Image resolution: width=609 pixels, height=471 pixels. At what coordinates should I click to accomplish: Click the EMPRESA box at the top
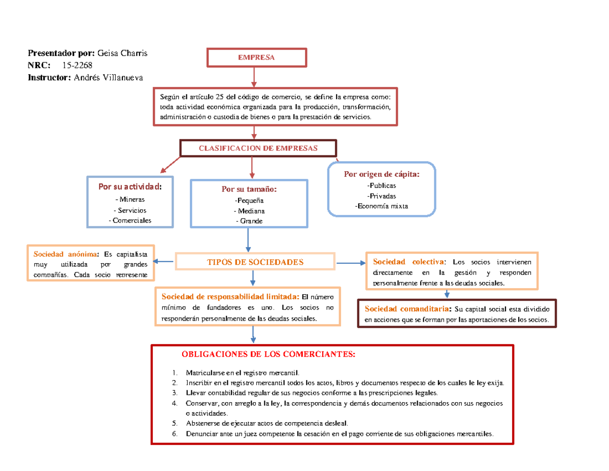[x=256, y=58]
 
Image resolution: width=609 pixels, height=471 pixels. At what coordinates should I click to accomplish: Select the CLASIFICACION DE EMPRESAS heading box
[x=258, y=148]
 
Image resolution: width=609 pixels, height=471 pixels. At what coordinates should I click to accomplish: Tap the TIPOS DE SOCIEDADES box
[x=255, y=262]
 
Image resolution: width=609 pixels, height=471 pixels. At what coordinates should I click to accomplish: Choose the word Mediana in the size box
[x=249, y=211]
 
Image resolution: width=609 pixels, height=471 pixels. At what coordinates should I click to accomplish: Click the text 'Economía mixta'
[x=381, y=206]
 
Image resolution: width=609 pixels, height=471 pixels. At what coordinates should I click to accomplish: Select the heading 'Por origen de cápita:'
[x=382, y=174]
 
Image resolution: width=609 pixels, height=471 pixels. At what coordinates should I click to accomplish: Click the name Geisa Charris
[x=122, y=53]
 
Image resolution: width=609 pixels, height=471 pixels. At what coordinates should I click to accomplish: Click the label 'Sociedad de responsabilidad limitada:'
[x=230, y=297]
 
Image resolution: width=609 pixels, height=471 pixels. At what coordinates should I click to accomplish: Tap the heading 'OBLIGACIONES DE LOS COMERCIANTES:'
[x=268, y=354]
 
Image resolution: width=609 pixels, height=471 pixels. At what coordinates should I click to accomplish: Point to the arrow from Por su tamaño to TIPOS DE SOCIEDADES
[x=248, y=240]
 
